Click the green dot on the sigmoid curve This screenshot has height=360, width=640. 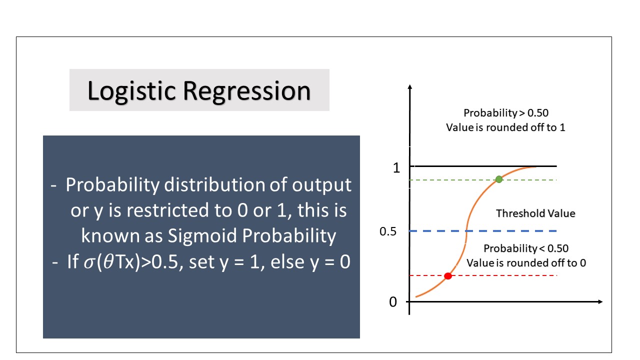pos(499,179)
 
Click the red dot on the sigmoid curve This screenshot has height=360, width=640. pos(448,276)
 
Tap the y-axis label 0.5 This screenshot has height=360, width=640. pos(387,231)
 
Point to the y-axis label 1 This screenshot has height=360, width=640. pos(396,168)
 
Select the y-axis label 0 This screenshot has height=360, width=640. pos(393,302)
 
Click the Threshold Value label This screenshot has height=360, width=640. pos(535,213)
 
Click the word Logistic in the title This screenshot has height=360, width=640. pos(131,91)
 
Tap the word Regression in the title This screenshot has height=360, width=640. pos(247,91)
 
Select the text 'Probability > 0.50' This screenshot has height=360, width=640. pos(506,113)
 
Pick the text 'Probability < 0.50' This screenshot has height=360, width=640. pos(526,248)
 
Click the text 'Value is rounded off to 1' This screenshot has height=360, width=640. pos(505,127)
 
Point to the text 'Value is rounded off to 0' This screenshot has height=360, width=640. pos(526,263)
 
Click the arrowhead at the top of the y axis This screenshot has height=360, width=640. pos(410,86)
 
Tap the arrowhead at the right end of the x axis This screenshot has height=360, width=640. pos(600,301)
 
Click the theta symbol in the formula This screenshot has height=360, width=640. pos(109,261)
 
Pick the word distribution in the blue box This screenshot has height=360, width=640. pos(214,184)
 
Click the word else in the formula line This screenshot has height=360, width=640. pos(287,261)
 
